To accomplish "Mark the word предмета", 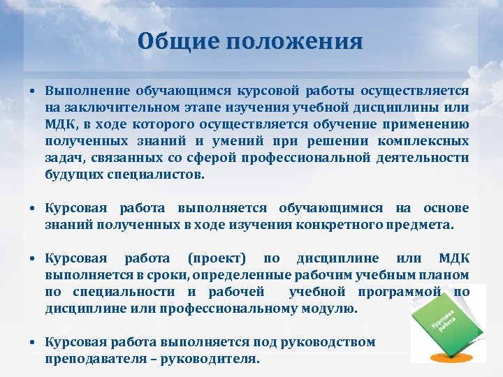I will coord(425,225).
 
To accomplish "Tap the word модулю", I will coord(330,308).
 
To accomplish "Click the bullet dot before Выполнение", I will coord(33,92).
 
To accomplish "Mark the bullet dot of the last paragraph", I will coord(33,343).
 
